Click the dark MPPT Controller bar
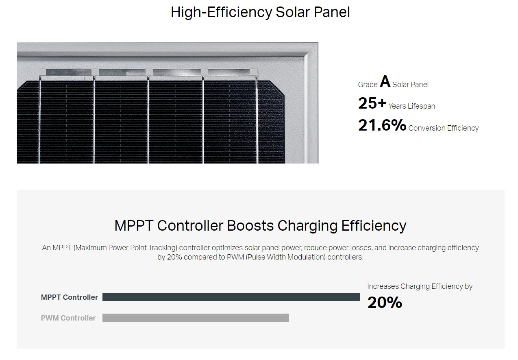tap(231, 297)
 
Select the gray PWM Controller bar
tap(196, 318)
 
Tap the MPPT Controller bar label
tap(70, 297)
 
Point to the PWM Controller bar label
tap(68, 318)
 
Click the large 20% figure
tap(385, 302)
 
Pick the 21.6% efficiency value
tap(382, 125)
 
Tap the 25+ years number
tap(372, 103)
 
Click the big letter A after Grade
tap(385, 81)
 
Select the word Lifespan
tap(421, 106)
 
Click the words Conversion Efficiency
tap(443, 128)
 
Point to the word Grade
tap(368, 85)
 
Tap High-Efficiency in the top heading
tap(221, 13)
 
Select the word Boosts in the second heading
tap(250, 225)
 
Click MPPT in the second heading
tap(134, 225)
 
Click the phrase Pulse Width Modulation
tap(285, 257)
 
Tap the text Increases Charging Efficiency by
tap(420, 286)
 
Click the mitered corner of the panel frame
tap(311, 49)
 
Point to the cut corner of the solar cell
tap(277, 87)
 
